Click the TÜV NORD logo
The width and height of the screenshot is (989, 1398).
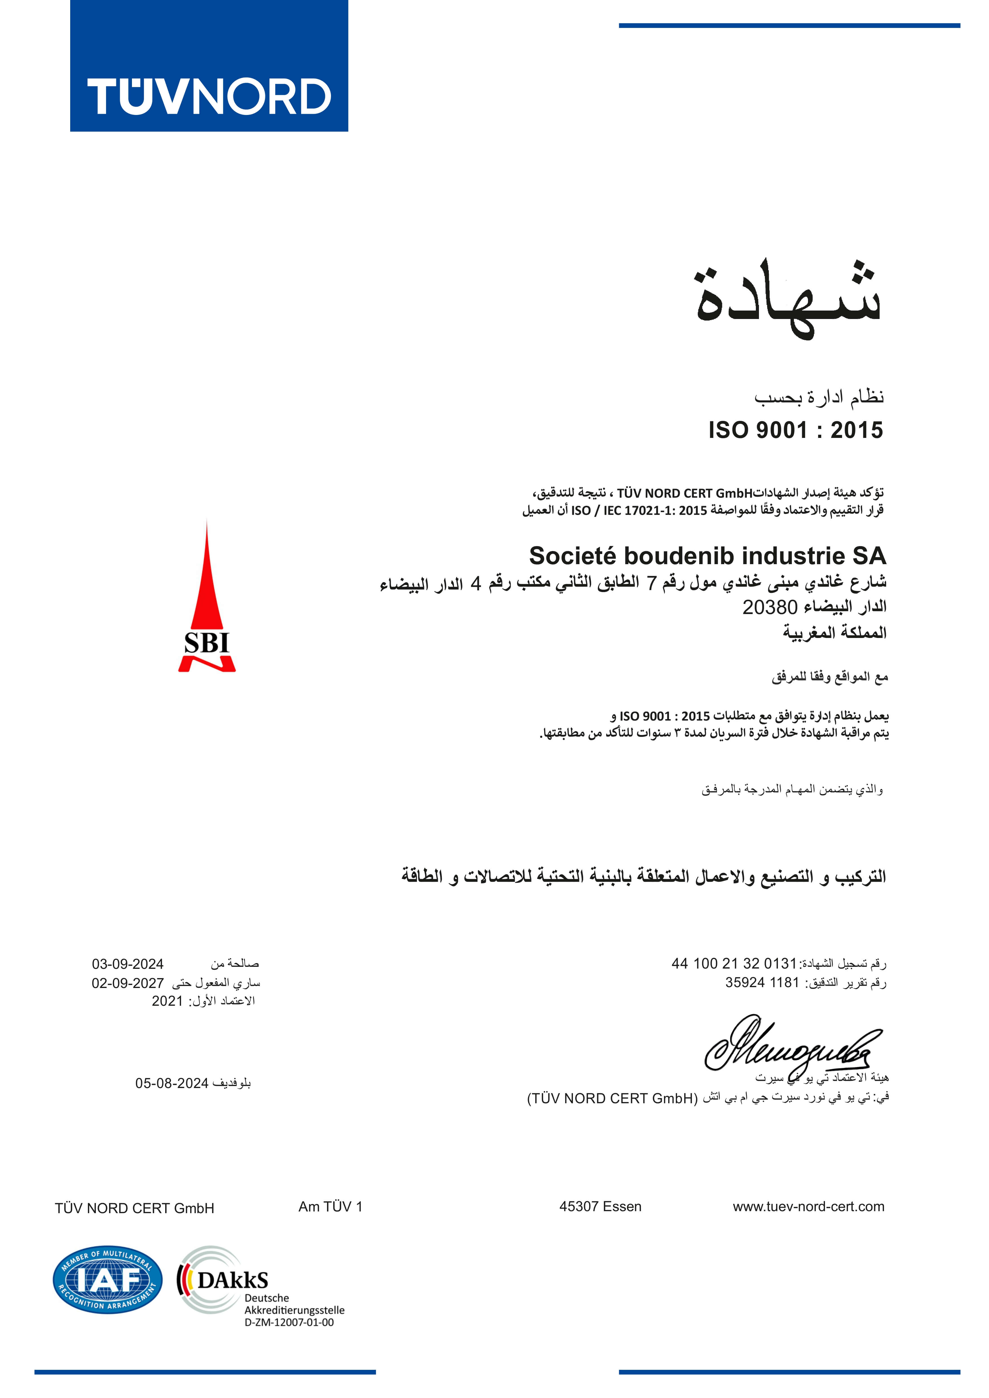[209, 66]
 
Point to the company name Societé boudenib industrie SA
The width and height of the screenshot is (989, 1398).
[707, 556]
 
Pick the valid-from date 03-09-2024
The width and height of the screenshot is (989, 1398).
[128, 964]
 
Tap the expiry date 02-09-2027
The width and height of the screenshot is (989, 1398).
[128, 983]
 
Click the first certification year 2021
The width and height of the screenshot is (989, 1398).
[167, 1001]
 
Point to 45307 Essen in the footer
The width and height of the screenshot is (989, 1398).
[601, 1206]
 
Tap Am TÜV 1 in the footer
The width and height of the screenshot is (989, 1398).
[331, 1206]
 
